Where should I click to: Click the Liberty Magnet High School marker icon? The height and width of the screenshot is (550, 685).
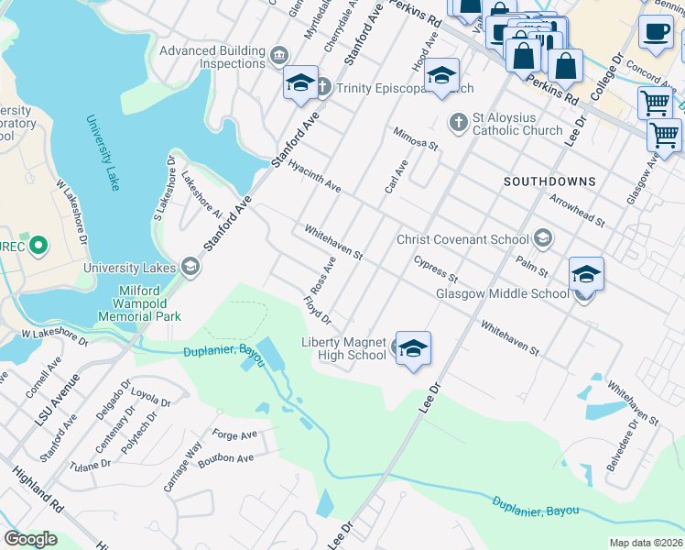tap(414, 348)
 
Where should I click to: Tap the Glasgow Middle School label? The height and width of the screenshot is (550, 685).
tap(502, 294)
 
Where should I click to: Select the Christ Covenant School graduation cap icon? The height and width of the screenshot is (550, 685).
tap(543, 239)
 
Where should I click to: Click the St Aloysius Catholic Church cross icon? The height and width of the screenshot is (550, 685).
tap(458, 122)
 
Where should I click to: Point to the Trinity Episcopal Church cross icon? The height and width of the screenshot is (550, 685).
tap(322, 88)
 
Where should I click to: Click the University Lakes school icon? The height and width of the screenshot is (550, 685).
tap(190, 268)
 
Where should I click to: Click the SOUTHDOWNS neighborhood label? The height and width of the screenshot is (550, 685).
tap(549, 181)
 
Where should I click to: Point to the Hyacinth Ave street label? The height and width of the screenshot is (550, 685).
tap(314, 175)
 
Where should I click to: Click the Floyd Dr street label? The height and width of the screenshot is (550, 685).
tap(317, 309)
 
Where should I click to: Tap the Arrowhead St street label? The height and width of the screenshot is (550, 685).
tap(577, 210)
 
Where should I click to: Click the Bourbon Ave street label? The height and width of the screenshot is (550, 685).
tap(233, 458)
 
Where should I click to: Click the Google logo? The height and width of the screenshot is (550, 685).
tap(30, 539)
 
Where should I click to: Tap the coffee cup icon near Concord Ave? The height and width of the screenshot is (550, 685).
tap(656, 32)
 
